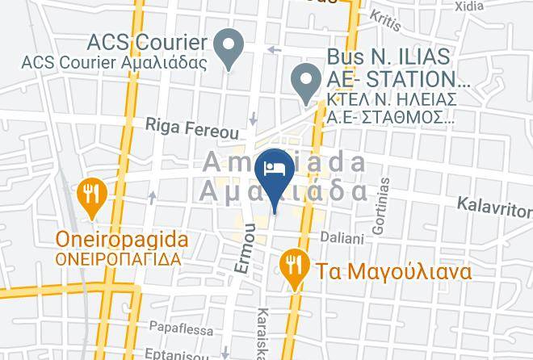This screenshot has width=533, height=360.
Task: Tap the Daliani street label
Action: pos(342,237)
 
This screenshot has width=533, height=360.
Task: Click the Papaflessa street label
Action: pos(182,329)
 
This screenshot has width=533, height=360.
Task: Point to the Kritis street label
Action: pos(385,20)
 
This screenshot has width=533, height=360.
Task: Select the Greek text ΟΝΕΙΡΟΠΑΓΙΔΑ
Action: pos(118,260)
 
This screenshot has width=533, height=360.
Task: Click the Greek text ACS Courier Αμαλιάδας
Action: pos(114,62)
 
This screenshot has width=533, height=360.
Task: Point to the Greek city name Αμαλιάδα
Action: pos(283,191)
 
